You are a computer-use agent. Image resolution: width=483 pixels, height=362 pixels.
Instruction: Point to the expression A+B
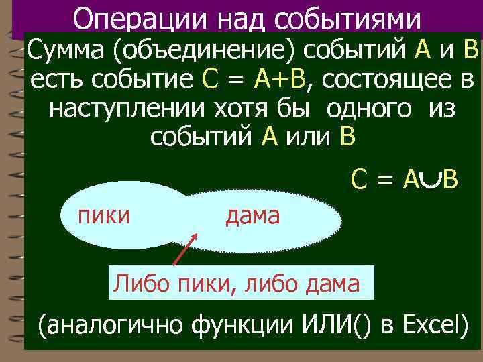click(x=280, y=81)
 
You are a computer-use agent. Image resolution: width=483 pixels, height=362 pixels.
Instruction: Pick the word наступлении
click(x=125, y=109)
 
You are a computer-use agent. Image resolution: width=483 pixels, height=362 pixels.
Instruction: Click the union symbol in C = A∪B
click(x=431, y=178)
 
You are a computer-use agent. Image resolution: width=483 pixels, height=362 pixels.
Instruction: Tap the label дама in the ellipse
click(x=252, y=215)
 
